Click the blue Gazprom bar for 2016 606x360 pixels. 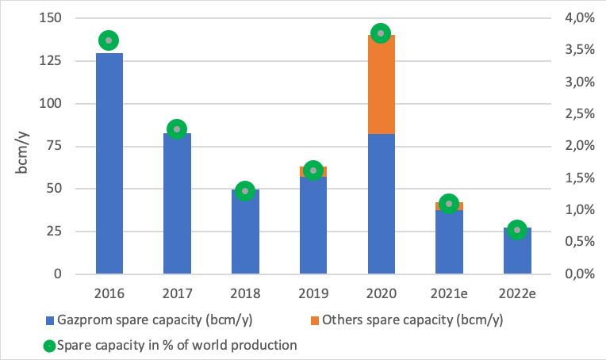(109, 163)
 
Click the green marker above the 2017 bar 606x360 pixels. (177, 129)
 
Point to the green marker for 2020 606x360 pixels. (381, 33)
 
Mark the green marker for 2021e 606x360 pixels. (449, 204)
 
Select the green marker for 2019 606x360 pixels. (313, 170)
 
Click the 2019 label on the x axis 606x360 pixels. (313, 293)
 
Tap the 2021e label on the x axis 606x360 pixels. (449, 293)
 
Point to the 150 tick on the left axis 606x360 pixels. (61, 18)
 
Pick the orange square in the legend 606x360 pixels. (334, 321)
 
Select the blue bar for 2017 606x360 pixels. (177, 204)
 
